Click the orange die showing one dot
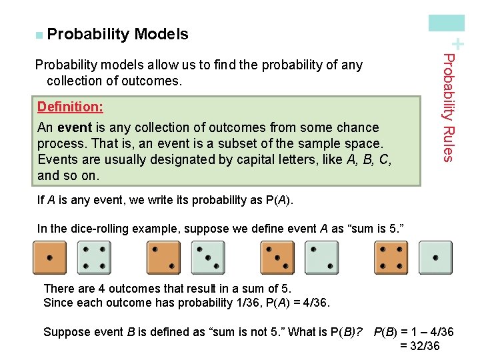click(x=50, y=258)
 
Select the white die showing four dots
click(x=94, y=258)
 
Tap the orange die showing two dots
click(x=163, y=258)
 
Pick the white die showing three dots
click(x=208, y=258)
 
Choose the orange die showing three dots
click(x=277, y=258)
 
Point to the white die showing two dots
click(x=321, y=258)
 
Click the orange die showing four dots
click(x=391, y=258)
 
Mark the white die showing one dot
click(x=435, y=258)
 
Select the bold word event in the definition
click(x=73, y=127)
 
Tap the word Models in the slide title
click(x=161, y=34)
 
